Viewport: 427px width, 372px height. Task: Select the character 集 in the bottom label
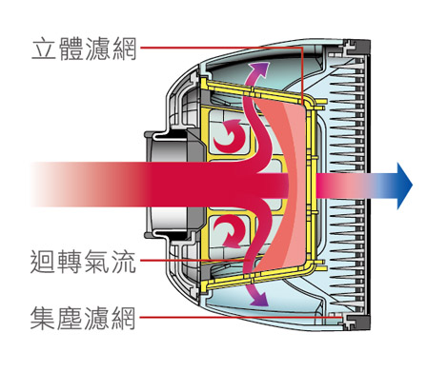pos(42,318)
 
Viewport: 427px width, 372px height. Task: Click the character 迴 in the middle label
pos(42,261)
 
